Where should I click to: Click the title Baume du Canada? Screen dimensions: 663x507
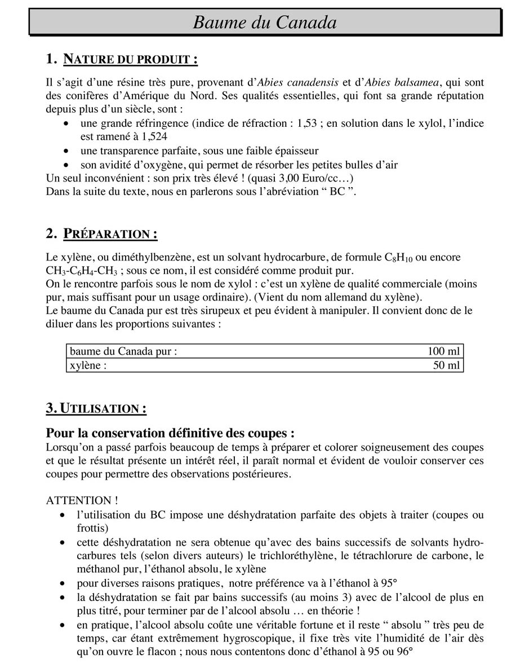265,22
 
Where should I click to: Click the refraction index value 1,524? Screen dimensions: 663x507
151,136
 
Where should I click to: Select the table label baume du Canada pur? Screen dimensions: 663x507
123,351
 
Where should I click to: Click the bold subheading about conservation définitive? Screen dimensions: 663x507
170,434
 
